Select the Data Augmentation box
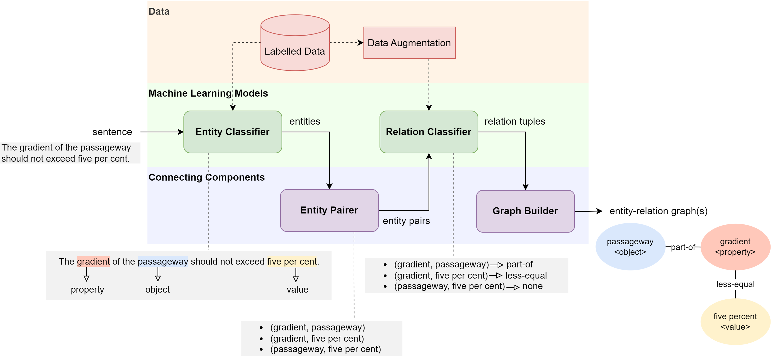tap(409, 43)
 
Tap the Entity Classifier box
tap(233, 132)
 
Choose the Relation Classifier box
tap(428, 132)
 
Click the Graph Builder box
tap(525, 211)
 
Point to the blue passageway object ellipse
tap(630, 247)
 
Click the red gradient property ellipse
tap(735, 247)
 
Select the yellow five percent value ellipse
tap(735, 321)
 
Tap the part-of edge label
tap(683, 247)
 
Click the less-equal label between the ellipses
tap(735, 284)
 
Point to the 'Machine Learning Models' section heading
tap(208, 93)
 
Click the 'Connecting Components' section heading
tap(207, 177)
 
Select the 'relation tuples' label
tap(515, 121)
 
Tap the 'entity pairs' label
tap(406, 221)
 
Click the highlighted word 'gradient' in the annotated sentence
tap(93, 262)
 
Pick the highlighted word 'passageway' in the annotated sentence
tap(163, 262)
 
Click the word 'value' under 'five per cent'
tap(297, 289)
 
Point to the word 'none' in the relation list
tap(532, 286)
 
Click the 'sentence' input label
tap(112, 132)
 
